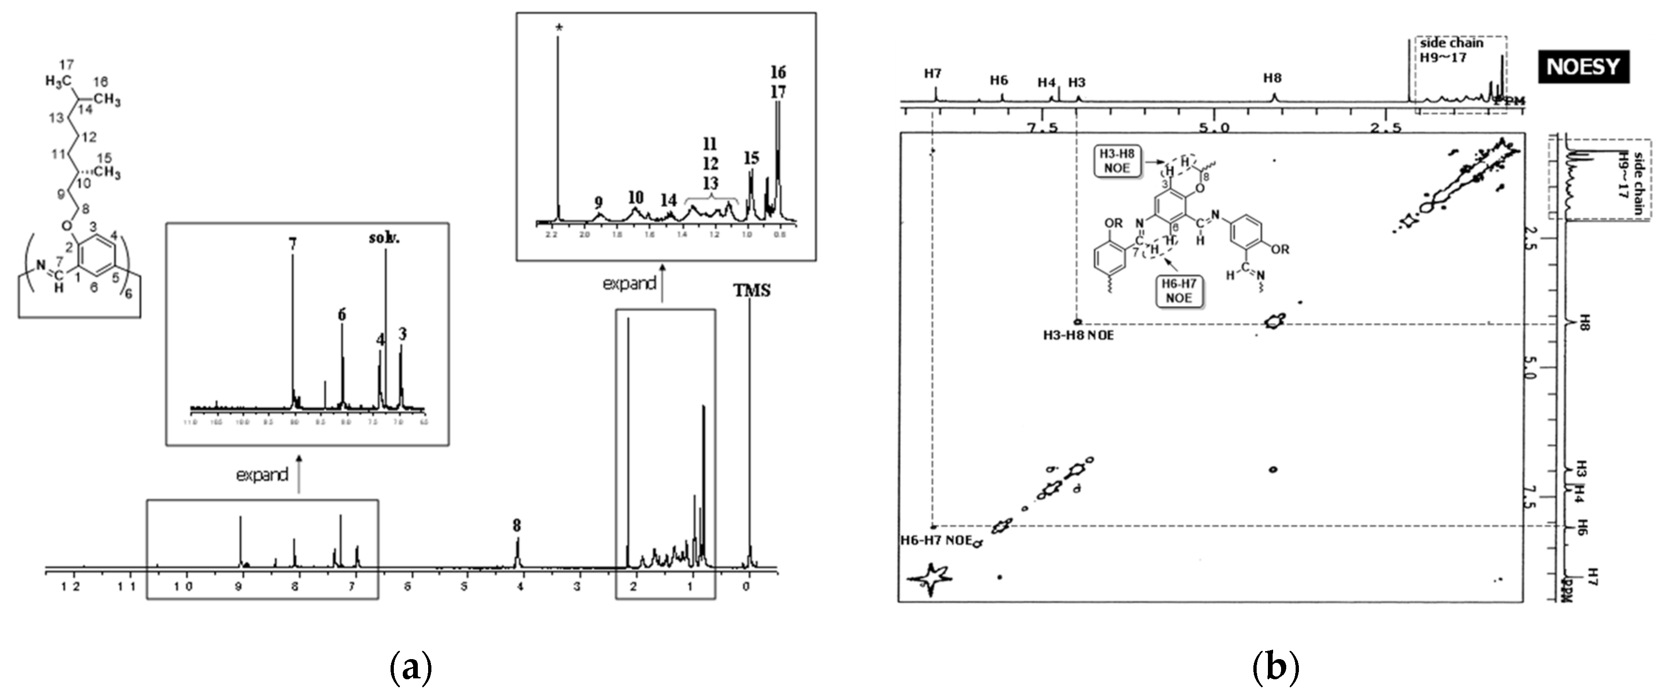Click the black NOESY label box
pos(1584,67)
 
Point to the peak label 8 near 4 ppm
pos(517,526)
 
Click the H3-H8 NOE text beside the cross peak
pos(1078,336)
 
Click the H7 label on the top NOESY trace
pos(932,74)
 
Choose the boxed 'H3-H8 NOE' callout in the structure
pos(1117,161)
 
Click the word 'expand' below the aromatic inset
pos(262,475)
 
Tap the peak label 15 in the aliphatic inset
pos(751,158)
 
